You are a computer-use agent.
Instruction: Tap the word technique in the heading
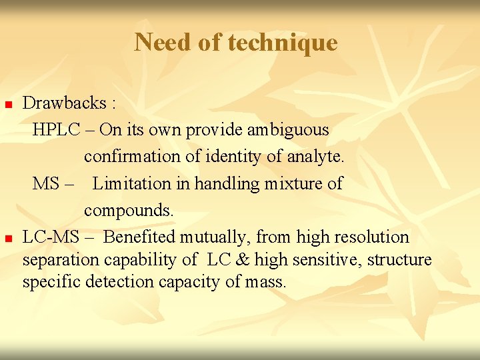[x=283, y=43]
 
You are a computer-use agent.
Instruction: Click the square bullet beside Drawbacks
[x=9, y=105]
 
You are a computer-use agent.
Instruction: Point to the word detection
[x=112, y=282]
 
